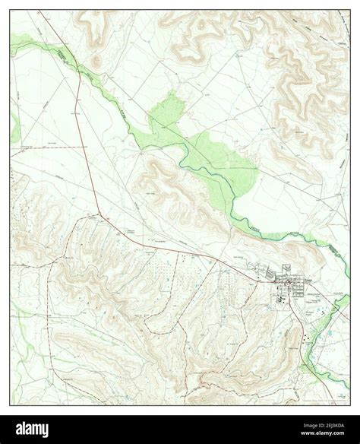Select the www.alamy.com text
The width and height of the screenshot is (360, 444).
click(320, 436)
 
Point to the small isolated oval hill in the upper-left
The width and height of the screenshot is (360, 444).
click(96, 62)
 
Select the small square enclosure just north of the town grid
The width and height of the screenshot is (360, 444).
click(287, 268)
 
